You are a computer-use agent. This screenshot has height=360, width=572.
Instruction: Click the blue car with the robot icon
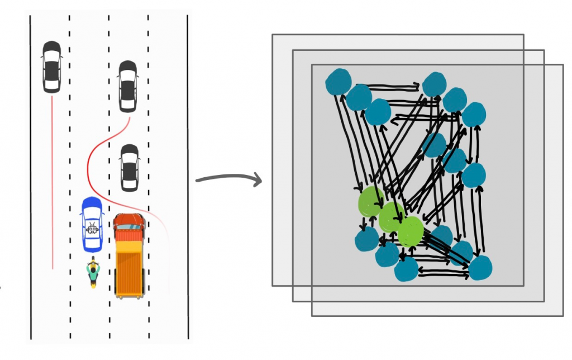pyautogui.click(x=92, y=224)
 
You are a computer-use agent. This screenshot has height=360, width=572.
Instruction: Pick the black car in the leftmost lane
pyautogui.click(x=51, y=66)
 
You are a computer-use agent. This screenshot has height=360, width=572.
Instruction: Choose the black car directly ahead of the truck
pyautogui.click(x=130, y=167)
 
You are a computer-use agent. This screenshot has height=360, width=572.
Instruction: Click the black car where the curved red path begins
pyautogui.click(x=128, y=86)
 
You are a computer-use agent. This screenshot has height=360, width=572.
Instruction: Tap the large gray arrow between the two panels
pyautogui.click(x=229, y=179)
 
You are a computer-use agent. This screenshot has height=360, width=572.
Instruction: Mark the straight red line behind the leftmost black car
pyautogui.click(x=52, y=179)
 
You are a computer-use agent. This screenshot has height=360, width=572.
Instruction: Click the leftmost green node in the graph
pyautogui.click(x=370, y=201)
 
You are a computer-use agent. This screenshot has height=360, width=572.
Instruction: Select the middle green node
pyautogui.click(x=391, y=217)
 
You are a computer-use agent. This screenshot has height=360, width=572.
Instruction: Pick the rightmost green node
pyautogui.click(x=411, y=231)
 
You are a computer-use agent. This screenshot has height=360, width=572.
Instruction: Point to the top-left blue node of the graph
pyautogui.click(x=339, y=82)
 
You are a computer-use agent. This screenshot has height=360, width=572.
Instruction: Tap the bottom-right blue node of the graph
pyautogui.click(x=480, y=268)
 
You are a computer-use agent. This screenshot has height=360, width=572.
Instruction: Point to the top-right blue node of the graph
pyautogui.click(x=474, y=115)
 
